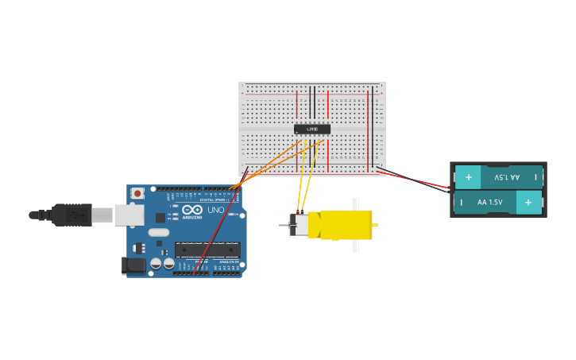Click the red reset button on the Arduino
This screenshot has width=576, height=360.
(137, 193)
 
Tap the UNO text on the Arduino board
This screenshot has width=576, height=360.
(215, 210)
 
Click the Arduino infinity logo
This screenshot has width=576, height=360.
(192, 209)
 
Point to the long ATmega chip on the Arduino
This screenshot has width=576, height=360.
(207, 250)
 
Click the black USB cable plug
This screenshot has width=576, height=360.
(72, 215)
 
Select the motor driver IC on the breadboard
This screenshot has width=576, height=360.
(312, 129)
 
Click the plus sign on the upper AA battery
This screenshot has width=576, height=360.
(468, 177)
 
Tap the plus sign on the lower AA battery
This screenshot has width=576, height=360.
(528, 203)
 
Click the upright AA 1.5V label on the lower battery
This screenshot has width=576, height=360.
(489, 203)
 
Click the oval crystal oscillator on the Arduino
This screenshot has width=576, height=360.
(159, 233)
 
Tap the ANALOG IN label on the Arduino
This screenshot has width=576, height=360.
(226, 261)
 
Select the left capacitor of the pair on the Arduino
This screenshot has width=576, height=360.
(157, 262)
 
